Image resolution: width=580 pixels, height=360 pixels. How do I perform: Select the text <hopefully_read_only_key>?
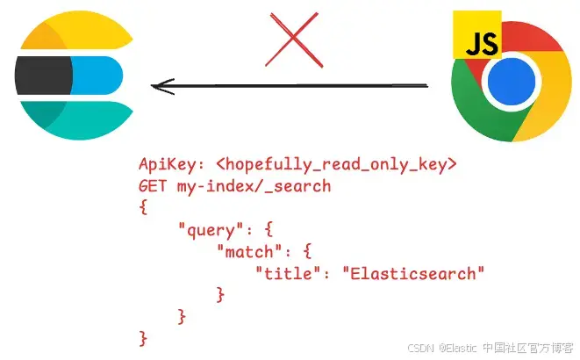click(x=336, y=164)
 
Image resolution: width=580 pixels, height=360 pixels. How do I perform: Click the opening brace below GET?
click(x=143, y=207)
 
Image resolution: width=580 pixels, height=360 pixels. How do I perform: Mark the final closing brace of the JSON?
click(x=143, y=337)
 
